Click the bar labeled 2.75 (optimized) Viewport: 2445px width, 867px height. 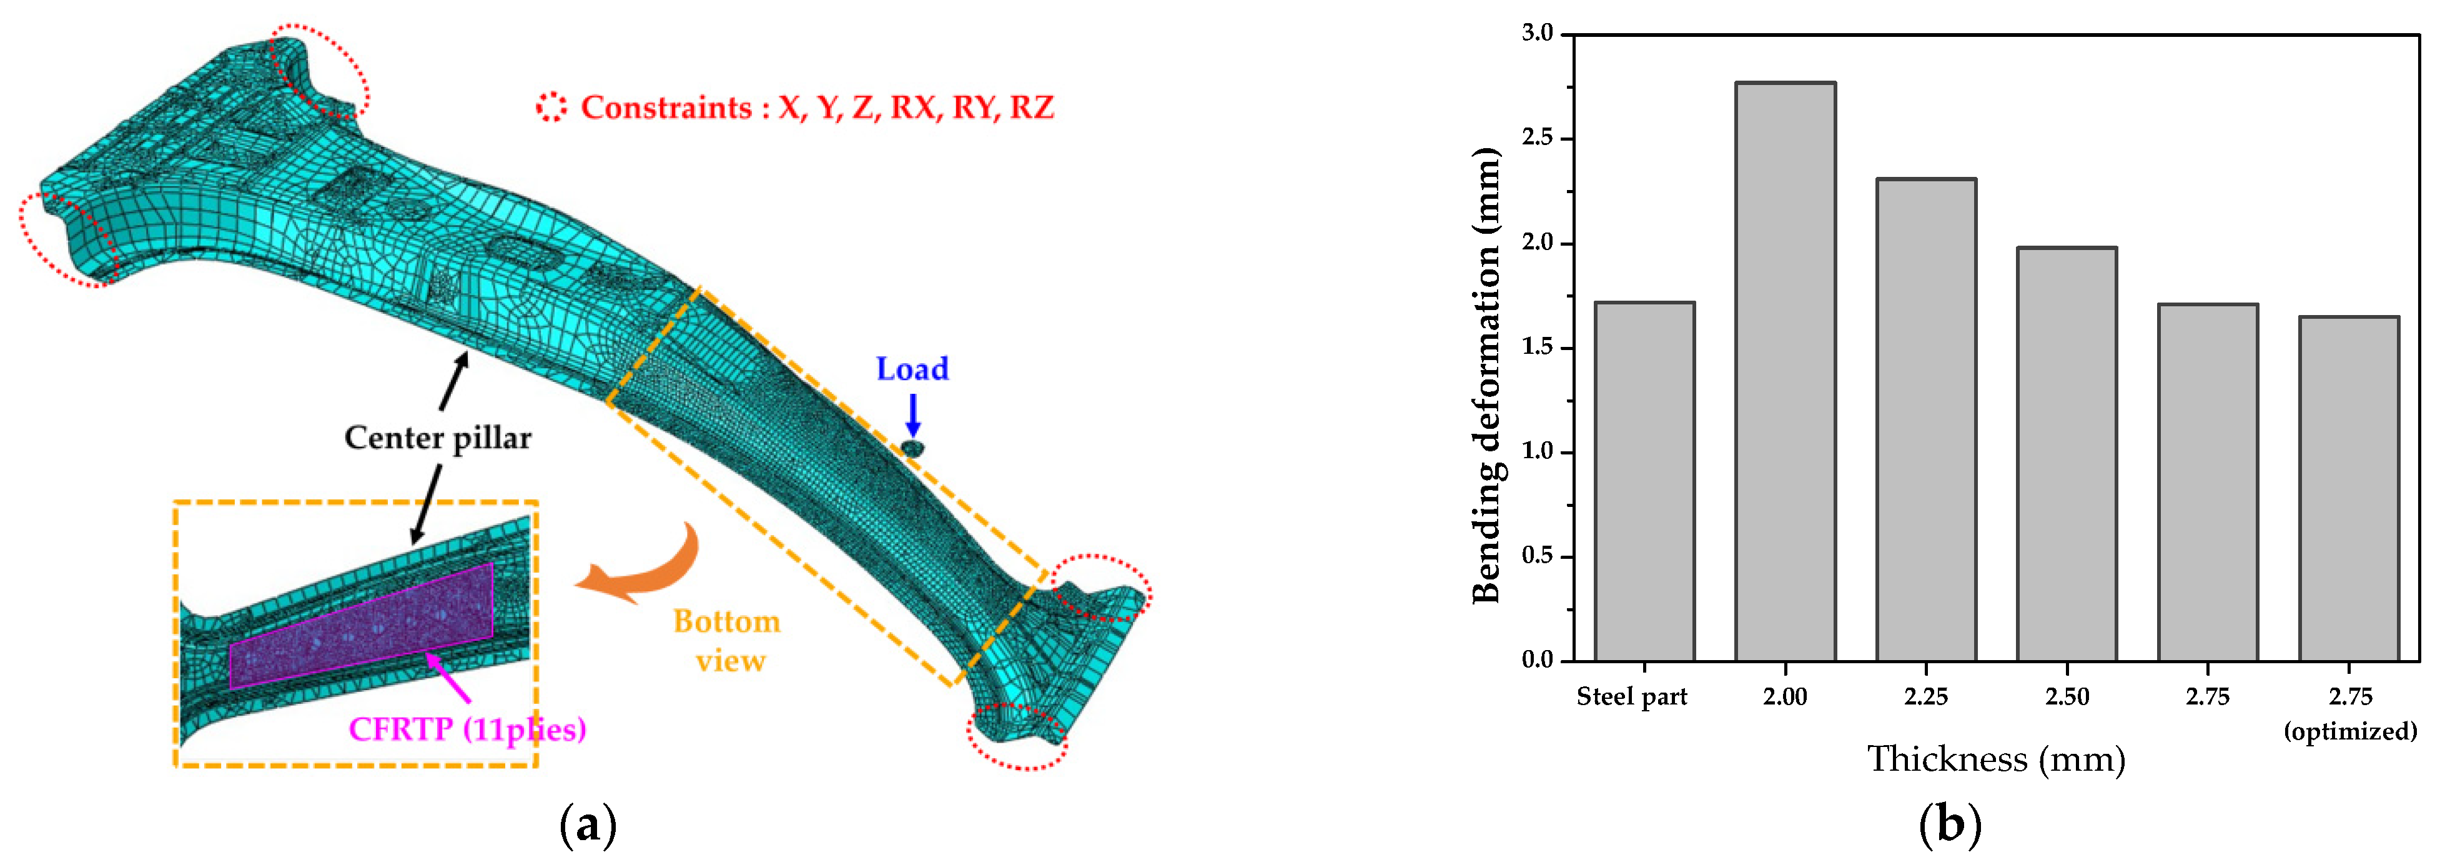coord(2348,488)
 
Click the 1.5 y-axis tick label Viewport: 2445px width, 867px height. coord(1538,348)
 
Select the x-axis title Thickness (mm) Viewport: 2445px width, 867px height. coord(1996,759)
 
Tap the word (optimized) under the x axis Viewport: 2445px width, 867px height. coord(2350,731)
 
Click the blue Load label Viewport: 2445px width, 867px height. coord(911,368)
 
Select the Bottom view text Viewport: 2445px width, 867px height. coord(727,641)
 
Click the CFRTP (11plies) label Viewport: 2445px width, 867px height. coord(467,729)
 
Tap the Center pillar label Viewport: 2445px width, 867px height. coord(438,438)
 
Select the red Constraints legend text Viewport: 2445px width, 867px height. coord(816,108)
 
